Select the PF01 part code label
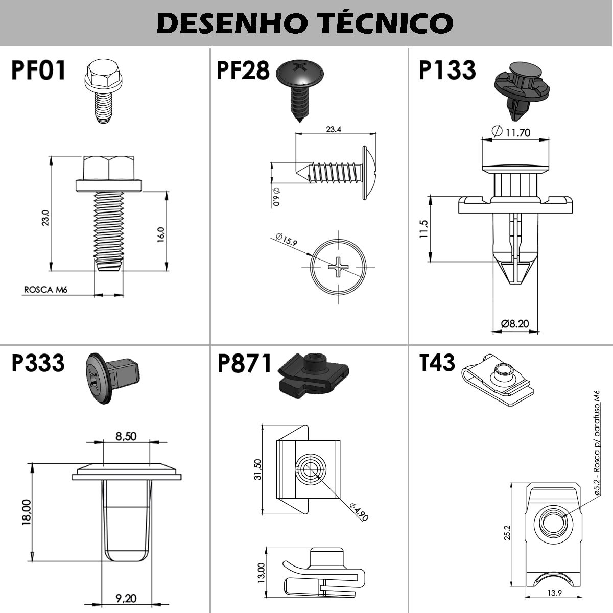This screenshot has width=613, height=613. point(38,70)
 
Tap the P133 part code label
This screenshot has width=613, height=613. point(447,70)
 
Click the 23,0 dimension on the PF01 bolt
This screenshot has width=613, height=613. point(45,218)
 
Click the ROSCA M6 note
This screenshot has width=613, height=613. point(45,290)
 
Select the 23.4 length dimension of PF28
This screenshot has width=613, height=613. point(334,129)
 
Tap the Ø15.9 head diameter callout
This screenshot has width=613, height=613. point(286,239)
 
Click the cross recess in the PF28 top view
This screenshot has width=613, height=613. point(338,267)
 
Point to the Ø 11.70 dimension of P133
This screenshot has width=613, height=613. point(511,132)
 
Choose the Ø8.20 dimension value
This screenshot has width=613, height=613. point(515,324)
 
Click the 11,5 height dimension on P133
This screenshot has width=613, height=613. point(423,229)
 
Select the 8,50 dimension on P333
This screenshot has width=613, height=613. point(126,436)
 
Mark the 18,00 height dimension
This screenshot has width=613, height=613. point(27,512)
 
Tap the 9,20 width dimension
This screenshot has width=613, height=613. point(126,598)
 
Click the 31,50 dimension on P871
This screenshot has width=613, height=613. point(257,469)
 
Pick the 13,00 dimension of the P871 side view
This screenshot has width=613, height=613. point(261,573)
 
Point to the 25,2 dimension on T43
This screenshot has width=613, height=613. point(507,532)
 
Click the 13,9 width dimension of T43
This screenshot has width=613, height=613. point(554,593)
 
